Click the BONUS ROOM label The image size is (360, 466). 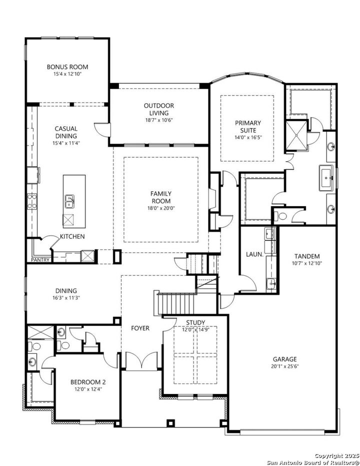[x=67, y=67]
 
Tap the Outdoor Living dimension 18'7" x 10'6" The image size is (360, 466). [x=159, y=120]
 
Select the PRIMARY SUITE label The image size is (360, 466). [x=248, y=126]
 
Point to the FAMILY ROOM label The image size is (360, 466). [x=161, y=197]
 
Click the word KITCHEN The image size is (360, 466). [x=72, y=237]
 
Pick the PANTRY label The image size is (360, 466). [x=40, y=260]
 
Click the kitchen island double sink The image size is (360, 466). [x=69, y=202]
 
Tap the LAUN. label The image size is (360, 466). [x=254, y=254]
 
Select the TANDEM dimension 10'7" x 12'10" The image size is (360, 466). [x=307, y=263]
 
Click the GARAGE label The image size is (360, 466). [x=285, y=359]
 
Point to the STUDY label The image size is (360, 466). [x=195, y=322]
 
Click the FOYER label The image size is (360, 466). [x=140, y=328]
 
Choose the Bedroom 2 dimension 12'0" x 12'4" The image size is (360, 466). [x=88, y=389]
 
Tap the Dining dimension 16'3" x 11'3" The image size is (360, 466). [x=66, y=298]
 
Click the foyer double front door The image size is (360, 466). [x=142, y=361]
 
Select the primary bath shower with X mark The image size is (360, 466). [x=296, y=135]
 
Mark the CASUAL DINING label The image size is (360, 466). [x=66, y=132]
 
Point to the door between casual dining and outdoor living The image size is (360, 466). [x=102, y=130]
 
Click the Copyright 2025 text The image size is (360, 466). [x=336, y=456]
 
